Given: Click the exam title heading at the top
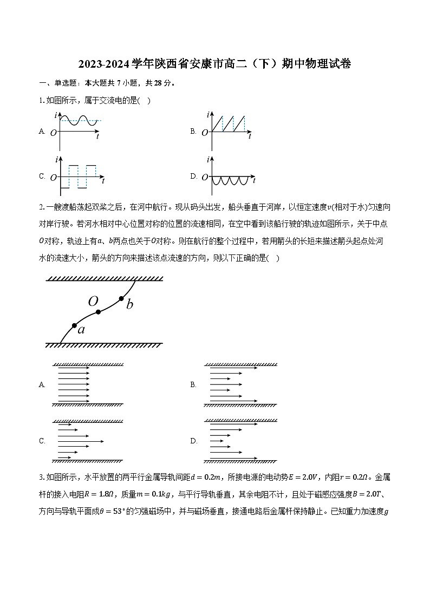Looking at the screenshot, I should click(214, 64).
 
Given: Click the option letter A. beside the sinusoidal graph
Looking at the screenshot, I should click(42, 132).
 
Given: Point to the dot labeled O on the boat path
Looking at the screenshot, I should click(98, 312).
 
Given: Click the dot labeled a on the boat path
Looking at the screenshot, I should click(74, 325).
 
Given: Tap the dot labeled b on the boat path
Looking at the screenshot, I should click(122, 298).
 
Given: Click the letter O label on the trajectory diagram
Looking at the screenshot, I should click(93, 302).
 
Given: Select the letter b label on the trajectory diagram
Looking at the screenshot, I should click(129, 305).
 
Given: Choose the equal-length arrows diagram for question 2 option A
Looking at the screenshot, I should click(87, 384).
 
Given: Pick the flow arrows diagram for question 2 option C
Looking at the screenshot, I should click(87, 441).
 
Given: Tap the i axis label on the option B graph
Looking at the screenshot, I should click(208, 115).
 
